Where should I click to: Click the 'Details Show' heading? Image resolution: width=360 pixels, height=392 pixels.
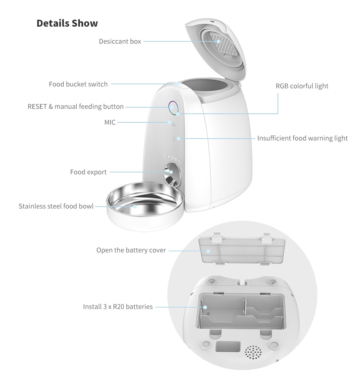[67, 23]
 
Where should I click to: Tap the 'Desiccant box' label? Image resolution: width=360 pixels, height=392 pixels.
[120, 41]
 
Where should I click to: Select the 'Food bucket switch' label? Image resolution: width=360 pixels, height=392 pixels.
[78, 84]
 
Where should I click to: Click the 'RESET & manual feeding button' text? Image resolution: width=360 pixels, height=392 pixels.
[76, 107]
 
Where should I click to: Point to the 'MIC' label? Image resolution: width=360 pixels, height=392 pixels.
[110, 122]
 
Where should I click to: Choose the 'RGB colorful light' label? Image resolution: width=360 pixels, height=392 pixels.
[302, 86]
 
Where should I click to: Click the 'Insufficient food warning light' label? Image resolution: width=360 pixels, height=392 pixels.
[302, 138]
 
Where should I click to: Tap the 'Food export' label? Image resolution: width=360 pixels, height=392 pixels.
[88, 172]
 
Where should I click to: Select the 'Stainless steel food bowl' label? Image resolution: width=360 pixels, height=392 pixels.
[56, 206]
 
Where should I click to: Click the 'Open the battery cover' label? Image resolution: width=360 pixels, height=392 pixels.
[131, 250]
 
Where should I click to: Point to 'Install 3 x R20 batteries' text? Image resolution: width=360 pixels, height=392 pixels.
[118, 307]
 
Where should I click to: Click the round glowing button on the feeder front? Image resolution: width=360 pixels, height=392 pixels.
[172, 107]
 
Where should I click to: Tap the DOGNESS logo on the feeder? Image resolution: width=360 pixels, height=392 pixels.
[173, 157]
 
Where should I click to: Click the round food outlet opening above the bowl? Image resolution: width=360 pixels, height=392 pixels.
[173, 172]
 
